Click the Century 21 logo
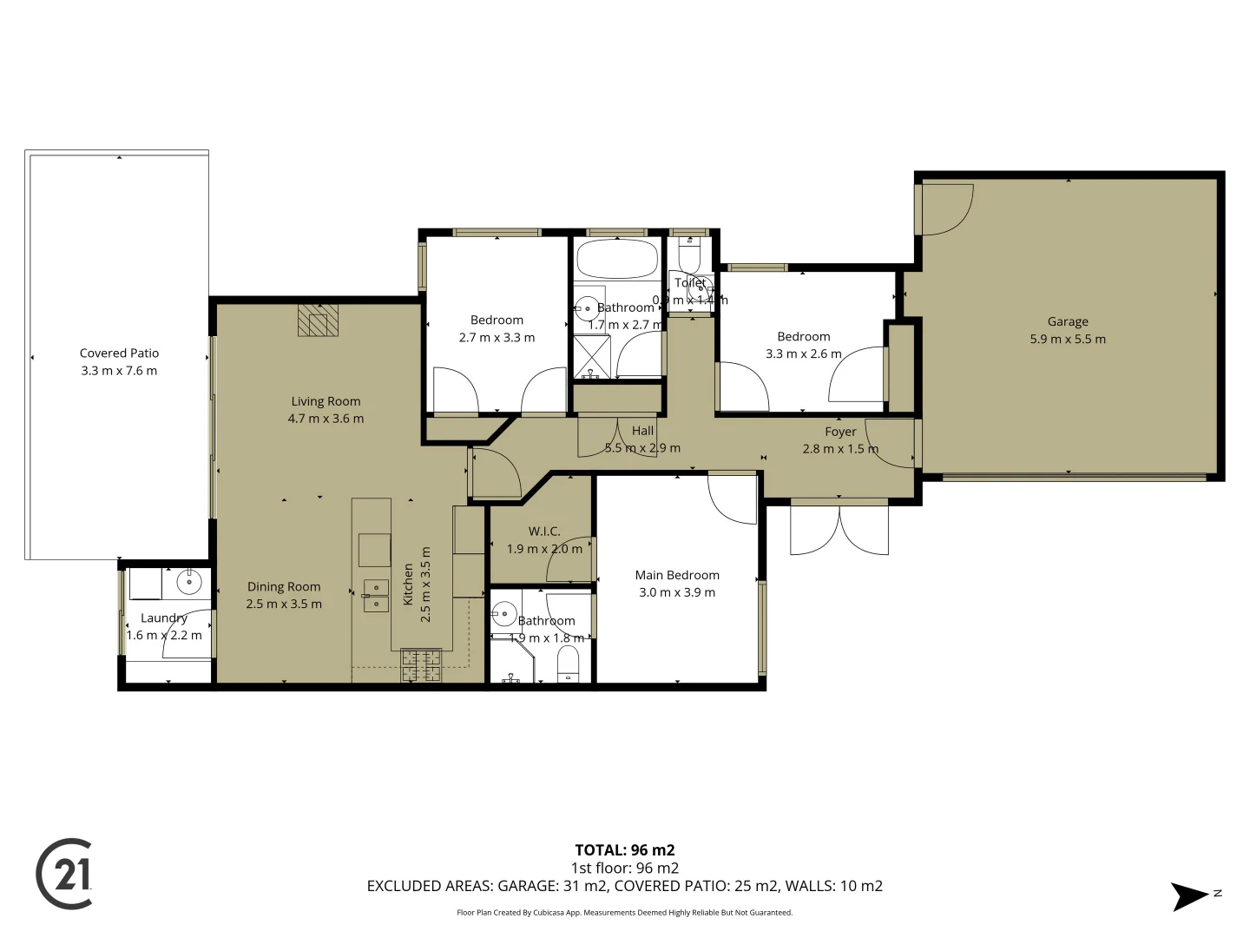tap(64, 874)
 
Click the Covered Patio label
tap(119, 353)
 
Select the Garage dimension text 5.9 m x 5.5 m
tap(1068, 340)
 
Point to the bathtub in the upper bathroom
tap(617, 258)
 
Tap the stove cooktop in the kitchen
tap(421, 665)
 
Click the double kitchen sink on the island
tap(375, 596)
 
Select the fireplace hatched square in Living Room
tap(318, 320)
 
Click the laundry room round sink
tap(189, 579)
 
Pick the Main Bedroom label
tap(677, 575)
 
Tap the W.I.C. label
tap(544, 531)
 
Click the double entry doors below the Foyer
tap(839, 528)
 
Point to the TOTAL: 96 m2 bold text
tap(624, 850)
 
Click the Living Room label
tap(326, 401)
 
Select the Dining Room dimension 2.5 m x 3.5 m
tap(284, 604)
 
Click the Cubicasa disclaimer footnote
tap(624, 913)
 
